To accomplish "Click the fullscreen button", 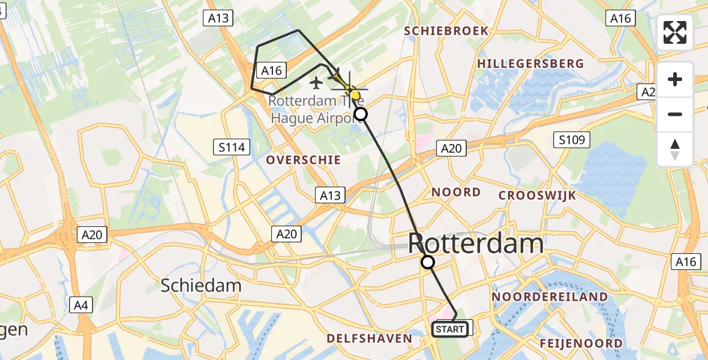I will pyautogui.click(x=675, y=32).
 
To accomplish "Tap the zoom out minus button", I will pyautogui.click(x=675, y=114).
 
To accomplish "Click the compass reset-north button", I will pyautogui.click(x=675, y=149).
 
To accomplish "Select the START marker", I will pyautogui.click(x=450, y=329).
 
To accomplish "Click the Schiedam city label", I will pyautogui.click(x=201, y=286).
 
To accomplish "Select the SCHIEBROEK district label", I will pyautogui.click(x=446, y=31).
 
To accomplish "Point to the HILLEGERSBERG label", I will pyautogui.click(x=530, y=64).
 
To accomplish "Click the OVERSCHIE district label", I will pyautogui.click(x=304, y=160).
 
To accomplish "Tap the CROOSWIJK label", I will pyautogui.click(x=538, y=195).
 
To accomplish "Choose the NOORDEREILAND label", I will pyautogui.click(x=550, y=296).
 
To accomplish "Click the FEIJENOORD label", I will pyautogui.click(x=581, y=343).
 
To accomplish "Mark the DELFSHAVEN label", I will pyautogui.click(x=370, y=339).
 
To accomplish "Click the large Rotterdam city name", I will pyautogui.click(x=476, y=244).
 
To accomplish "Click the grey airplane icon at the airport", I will pyautogui.click(x=316, y=81).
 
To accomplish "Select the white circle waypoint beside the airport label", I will pyautogui.click(x=361, y=114).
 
